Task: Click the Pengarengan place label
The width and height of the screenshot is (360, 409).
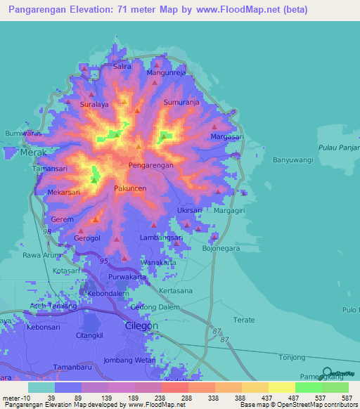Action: (150, 165)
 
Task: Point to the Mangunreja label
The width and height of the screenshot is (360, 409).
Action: (165, 72)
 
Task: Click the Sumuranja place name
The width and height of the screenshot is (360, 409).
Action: (181, 102)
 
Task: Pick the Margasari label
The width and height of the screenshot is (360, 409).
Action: (226, 136)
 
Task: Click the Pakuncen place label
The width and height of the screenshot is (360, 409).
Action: (130, 189)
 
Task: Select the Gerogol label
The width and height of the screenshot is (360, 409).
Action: (87, 238)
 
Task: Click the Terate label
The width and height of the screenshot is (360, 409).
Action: (244, 320)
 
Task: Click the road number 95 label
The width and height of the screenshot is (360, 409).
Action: (103, 261)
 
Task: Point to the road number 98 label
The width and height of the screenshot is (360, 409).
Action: (47, 231)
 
